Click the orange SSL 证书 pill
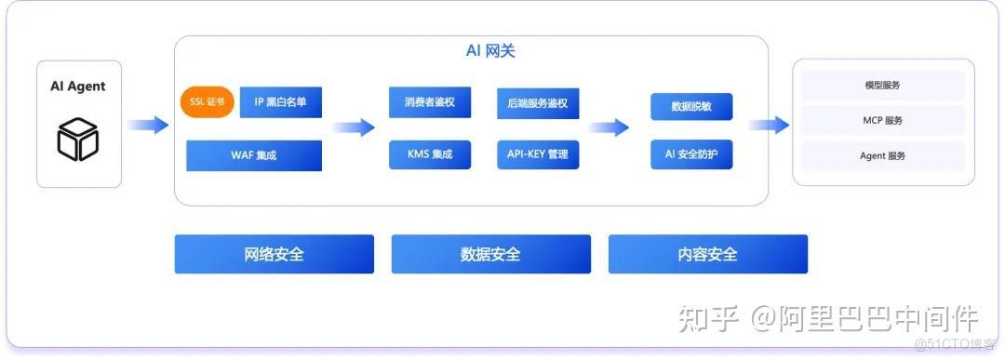click(x=208, y=100)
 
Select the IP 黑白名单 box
click(x=281, y=100)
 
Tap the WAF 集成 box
click(x=254, y=155)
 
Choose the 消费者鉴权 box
click(x=430, y=101)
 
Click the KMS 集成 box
click(x=430, y=154)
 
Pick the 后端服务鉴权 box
click(x=538, y=101)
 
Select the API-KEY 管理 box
click(x=538, y=154)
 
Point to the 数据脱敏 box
click(x=691, y=106)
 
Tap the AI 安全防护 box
click(x=691, y=154)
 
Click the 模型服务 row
click(x=882, y=86)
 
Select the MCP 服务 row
click(x=882, y=120)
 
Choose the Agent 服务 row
click(x=882, y=155)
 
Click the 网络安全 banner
click(x=275, y=254)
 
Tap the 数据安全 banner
click(x=491, y=254)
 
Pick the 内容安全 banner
click(x=708, y=254)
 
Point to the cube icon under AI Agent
click(x=78, y=140)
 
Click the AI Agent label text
click(x=78, y=87)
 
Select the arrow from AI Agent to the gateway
click(x=148, y=125)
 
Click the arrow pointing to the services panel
click(x=769, y=126)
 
